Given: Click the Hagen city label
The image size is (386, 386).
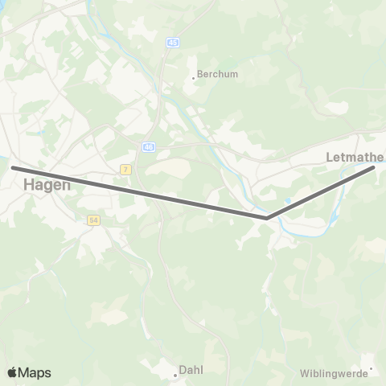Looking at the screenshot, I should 47,184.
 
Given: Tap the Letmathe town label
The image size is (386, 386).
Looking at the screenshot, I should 355,157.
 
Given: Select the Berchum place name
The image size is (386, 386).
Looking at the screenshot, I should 218,73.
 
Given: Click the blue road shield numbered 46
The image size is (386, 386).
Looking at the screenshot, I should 149,147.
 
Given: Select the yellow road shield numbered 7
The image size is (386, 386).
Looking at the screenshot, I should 125,170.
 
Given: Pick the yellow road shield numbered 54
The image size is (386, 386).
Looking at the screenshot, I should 92,220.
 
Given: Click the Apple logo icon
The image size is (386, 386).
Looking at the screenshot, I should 13,372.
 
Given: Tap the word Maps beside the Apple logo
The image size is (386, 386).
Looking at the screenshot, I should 35,373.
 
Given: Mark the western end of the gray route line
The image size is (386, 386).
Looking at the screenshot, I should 14,167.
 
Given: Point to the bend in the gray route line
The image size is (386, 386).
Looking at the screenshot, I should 266,217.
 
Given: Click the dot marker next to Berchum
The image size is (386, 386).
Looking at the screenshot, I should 194,78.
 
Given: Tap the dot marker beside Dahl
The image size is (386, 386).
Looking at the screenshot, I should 175,373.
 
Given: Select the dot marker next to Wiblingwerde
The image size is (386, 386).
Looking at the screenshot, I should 371,371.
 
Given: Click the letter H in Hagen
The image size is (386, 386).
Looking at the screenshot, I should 29,184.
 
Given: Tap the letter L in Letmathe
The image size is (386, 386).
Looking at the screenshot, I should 331,157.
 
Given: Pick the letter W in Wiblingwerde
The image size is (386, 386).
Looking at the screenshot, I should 304,373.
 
